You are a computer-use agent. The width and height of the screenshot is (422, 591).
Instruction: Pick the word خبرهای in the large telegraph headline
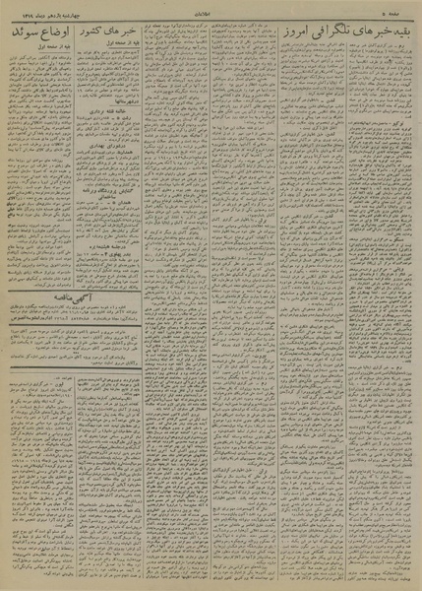pyautogui.click(x=353, y=35)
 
